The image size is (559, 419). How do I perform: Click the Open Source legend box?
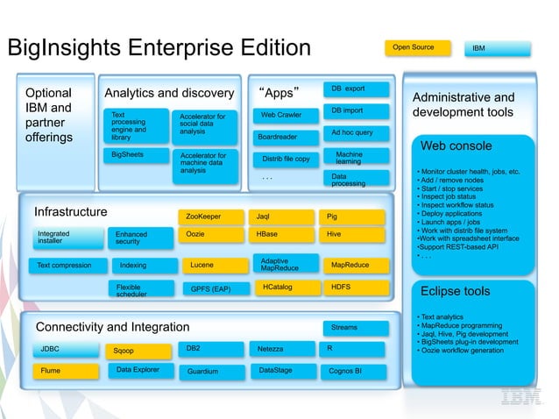[416, 47]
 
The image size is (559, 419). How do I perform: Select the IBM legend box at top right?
[497, 48]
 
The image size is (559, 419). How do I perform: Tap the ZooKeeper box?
[210, 216]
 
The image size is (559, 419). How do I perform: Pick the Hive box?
[354, 235]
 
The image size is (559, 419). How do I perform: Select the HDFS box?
[354, 287]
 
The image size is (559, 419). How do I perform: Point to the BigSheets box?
[133, 155]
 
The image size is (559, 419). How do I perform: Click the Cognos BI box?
[354, 372]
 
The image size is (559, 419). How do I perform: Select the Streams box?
[354, 328]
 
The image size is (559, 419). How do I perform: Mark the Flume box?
[66, 372]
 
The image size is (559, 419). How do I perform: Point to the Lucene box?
[210, 265]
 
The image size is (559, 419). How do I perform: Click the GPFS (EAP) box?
[210, 288]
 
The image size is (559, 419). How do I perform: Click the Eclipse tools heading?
[456, 291]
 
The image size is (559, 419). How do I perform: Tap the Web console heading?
[456, 146]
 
